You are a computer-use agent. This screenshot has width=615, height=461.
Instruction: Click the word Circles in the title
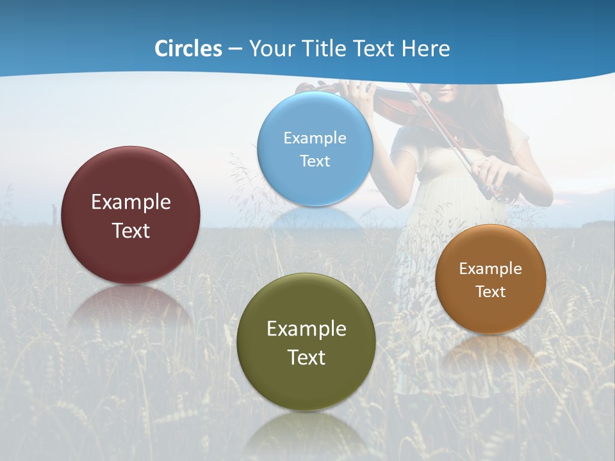(188, 49)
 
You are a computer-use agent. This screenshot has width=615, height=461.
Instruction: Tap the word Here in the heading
(425, 49)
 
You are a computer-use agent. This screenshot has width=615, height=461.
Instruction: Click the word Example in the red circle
(131, 202)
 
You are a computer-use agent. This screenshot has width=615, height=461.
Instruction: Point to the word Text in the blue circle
(315, 161)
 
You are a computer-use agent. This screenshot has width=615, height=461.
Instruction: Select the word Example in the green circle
(306, 329)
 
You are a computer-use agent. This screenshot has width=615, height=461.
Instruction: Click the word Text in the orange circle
(491, 292)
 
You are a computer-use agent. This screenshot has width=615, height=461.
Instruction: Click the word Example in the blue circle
(315, 138)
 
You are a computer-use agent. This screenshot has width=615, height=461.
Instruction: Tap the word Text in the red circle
(131, 230)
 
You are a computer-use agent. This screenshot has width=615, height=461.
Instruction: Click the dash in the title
(235, 49)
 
